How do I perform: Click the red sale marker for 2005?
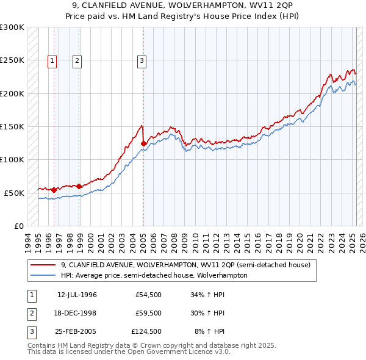tap(143, 144)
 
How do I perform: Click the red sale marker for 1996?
tap(54, 190)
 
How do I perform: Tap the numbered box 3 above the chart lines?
tap(142, 60)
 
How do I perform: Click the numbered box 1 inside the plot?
tap(52, 60)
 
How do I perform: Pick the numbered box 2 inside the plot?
tap(77, 60)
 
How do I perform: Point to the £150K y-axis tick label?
tap(12, 126)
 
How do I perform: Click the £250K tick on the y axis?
tap(12, 60)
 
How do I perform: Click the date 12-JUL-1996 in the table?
tap(77, 295)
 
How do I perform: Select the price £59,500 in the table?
tap(148, 314)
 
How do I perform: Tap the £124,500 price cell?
tap(146, 332)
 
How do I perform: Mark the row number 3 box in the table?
tap(30, 332)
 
